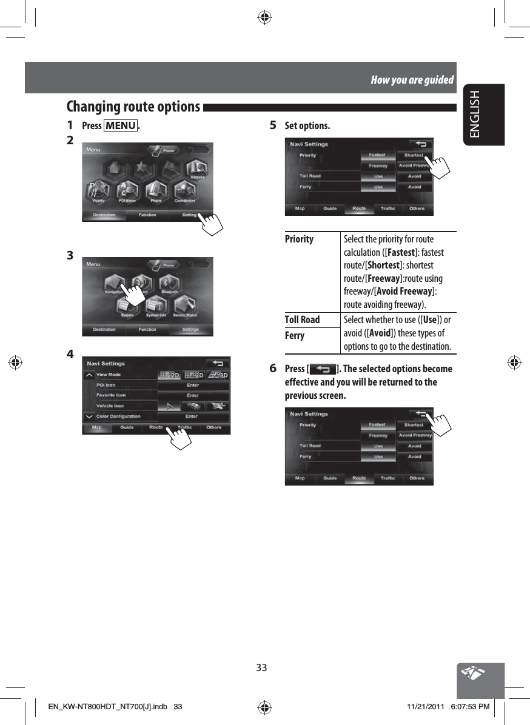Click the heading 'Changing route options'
pyautogui.click(x=133, y=107)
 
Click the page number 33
pyautogui.click(x=261, y=667)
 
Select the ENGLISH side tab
pyautogui.click(x=483, y=114)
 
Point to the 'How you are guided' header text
pyautogui.click(x=412, y=80)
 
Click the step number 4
pyautogui.click(x=71, y=353)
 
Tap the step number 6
pyautogui.click(x=273, y=369)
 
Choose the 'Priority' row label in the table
pyautogui.click(x=300, y=239)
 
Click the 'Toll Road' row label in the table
pyautogui.click(x=302, y=319)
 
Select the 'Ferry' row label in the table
pyautogui.click(x=295, y=335)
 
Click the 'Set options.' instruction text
pyautogui.click(x=307, y=126)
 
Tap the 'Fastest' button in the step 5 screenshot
pyautogui.click(x=377, y=155)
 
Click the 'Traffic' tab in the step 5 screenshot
pyautogui.click(x=387, y=209)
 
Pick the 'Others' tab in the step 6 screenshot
pyautogui.click(x=417, y=478)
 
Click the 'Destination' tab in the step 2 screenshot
pyautogui.click(x=104, y=215)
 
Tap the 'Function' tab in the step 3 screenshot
pyautogui.click(x=147, y=330)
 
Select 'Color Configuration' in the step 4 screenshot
pyautogui.click(x=118, y=416)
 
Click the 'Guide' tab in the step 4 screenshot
pyautogui.click(x=127, y=427)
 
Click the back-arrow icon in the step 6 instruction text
pyautogui.click(x=322, y=369)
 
